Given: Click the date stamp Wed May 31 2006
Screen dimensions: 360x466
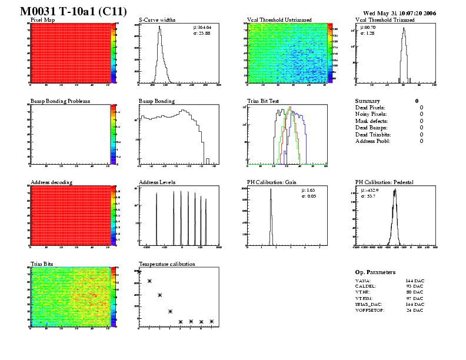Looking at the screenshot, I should pos(400,12).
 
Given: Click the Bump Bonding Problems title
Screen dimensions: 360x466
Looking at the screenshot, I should pos(60,101).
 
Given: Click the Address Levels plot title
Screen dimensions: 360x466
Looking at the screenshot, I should pos(158,182).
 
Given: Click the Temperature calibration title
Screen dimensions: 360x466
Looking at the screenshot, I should pos(167,264).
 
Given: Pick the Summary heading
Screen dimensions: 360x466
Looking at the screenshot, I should pos(368,101).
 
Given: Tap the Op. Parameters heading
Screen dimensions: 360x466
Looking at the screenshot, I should pos(375,272).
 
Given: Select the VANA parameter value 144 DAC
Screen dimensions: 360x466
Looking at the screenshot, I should pos(414,282).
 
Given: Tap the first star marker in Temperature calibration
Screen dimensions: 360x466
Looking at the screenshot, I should pos(139,272).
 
